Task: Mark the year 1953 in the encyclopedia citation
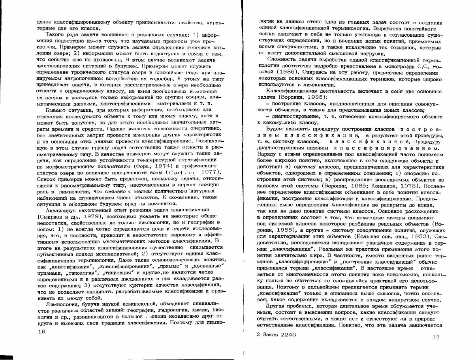point(418,236)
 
